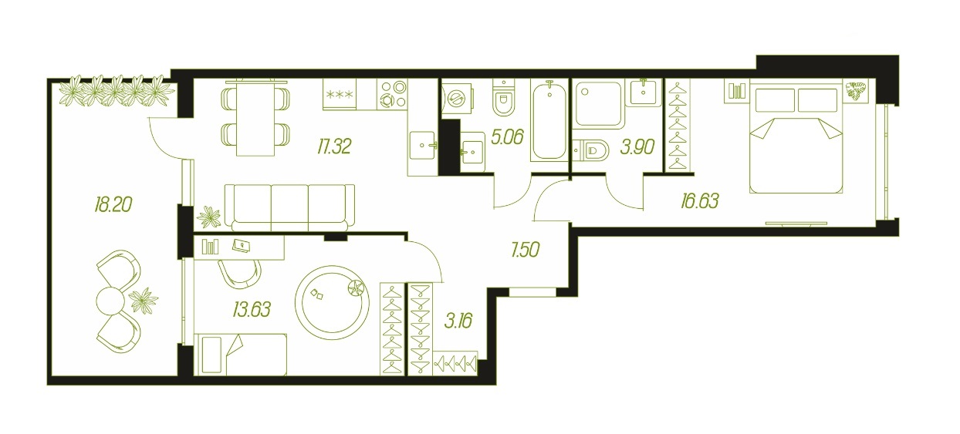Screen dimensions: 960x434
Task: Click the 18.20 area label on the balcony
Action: [x=113, y=204]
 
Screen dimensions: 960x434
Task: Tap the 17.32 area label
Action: [x=334, y=146]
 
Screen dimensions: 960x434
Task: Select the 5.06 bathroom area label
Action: [x=508, y=137]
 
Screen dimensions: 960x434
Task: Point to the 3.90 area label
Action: [x=637, y=146]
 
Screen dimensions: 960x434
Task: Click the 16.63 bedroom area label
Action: [x=700, y=200]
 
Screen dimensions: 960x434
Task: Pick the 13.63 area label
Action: [x=252, y=309]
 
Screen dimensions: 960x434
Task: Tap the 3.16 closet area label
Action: [x=458, y=320]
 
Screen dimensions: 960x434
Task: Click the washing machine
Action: [x=458, y=99]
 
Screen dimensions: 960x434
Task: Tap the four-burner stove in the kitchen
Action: [x=393, y=95]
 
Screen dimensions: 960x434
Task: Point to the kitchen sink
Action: [x=423, y=146]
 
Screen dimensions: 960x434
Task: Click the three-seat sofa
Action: [x=289, y=207]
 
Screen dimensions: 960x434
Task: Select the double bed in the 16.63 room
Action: [x=796, y=140]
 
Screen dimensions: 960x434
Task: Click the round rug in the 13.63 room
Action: [x=332, y=303]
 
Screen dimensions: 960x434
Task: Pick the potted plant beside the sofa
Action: [x=208, y=217]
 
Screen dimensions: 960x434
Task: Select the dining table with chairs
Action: [x=255, y=117]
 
